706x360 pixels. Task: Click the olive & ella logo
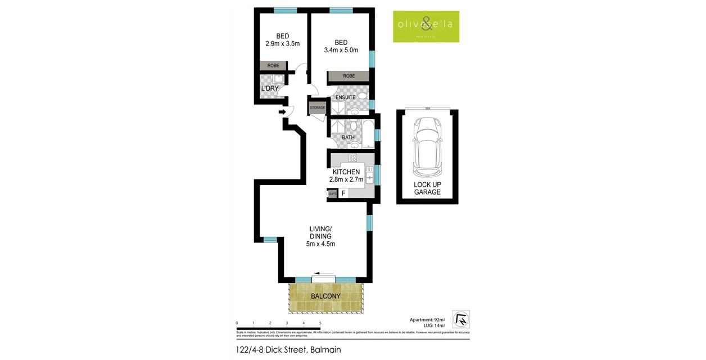tap(426, 26)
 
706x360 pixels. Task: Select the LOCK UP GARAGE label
tap(427, 188)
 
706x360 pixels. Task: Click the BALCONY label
tap(325, 296)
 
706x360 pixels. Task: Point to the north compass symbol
tap(460, 319)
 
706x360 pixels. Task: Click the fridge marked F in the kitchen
tap(343, 193)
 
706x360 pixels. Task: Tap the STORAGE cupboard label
tap(318, 107)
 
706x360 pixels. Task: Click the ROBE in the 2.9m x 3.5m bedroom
tap(273, 66)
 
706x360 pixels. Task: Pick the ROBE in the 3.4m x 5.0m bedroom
tap(349, 76)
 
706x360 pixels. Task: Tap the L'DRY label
tap(270, 89)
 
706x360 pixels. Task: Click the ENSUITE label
tap(345, 97)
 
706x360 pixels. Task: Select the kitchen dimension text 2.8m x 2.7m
tap(346, 180)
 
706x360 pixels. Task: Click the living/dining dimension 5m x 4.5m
tap(320, 244)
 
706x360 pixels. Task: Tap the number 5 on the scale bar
tap(320, 323)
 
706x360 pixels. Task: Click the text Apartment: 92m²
tap(428, 319)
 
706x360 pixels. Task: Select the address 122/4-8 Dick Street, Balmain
tap(288, 349)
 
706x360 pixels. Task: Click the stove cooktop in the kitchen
tap(352, 158)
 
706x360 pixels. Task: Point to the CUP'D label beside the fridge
tap(332, 193)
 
